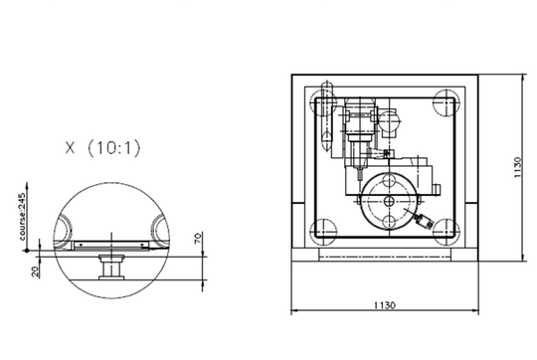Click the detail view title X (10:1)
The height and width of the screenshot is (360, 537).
(x=102, y=148)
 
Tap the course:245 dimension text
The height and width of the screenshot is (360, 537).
(x=22, y=217)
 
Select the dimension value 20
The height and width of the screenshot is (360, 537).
(x=35, y=271)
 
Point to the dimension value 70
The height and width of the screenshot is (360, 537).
(x=198, y=238)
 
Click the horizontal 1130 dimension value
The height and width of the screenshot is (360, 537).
(x=384, y=305)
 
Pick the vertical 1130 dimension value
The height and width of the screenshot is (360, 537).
(x=517, y=167)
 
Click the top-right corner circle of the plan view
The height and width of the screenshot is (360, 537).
(x=446, y=102)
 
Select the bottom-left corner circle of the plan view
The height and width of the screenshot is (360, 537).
(x=323, y=232)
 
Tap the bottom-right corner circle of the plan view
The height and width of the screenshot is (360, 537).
(x=446, y=232)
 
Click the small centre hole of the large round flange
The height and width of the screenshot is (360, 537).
(x=389, y=201)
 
